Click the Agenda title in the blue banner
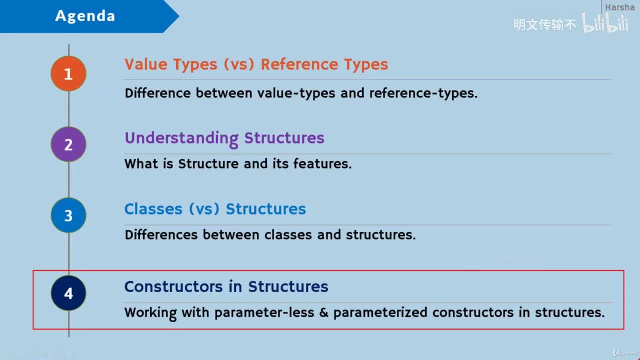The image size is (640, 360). point(85,15)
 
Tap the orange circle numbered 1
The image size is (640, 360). point(68,73)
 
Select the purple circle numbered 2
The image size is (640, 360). point(68,144)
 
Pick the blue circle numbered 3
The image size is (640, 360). point(68,215)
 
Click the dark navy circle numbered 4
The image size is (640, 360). point(68,293)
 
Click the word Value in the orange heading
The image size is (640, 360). point(145,64)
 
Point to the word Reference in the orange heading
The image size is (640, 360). point(299,64)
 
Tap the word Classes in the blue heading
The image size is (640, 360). point(153,208)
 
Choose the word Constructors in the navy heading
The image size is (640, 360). point(173,286)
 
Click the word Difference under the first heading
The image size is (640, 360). point(157,93)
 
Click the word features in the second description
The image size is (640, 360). point(322,163)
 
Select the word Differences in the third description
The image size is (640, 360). point(161,235)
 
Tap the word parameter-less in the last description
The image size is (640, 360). point(264,313)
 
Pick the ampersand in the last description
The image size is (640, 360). point(323,312)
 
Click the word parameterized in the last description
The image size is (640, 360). point(380,313)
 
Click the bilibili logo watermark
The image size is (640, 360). point(605,22)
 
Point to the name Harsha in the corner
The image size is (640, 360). point(619,7)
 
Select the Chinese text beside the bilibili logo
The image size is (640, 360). point(544,24)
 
